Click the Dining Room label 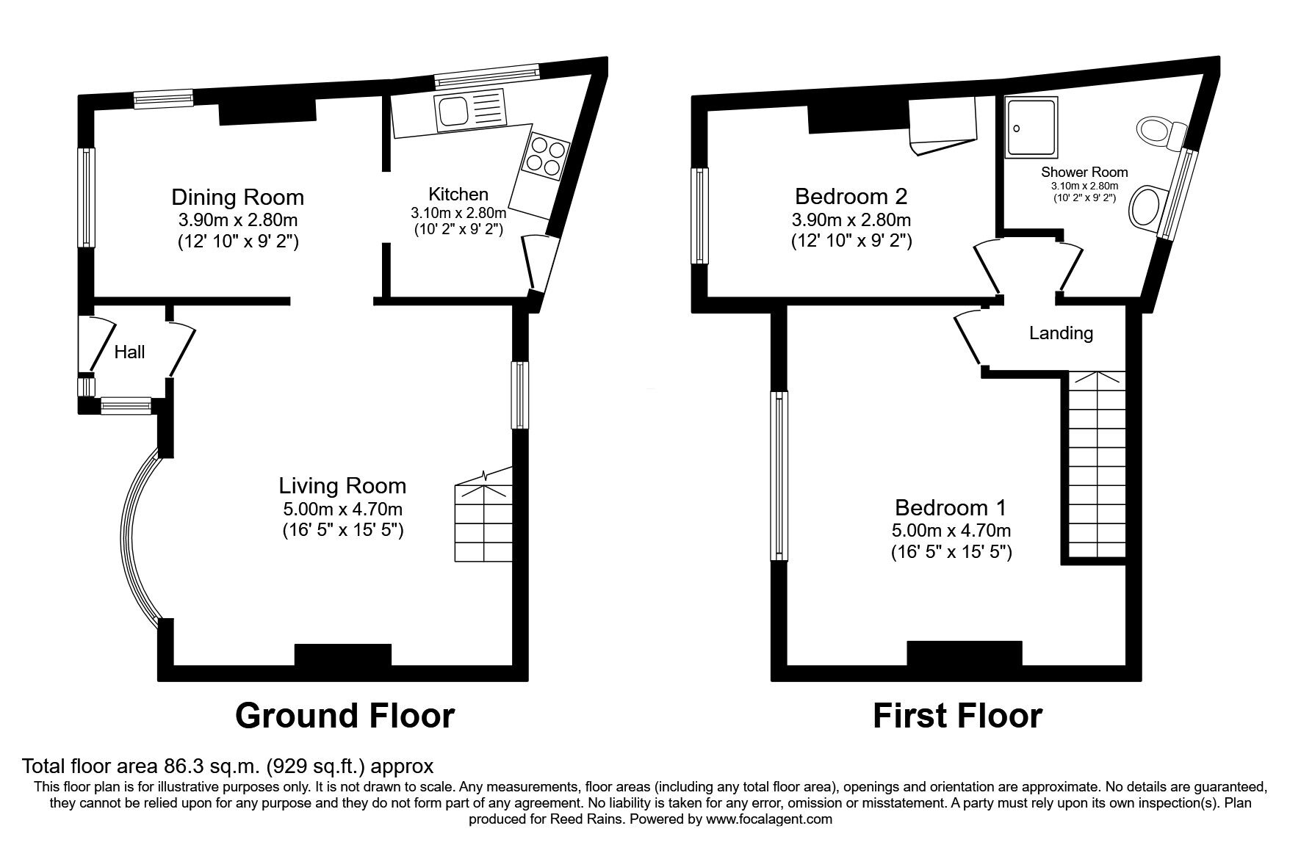[237, 197]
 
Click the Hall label [130, 352]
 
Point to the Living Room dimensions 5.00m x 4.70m [342, 509]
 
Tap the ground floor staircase [483, 515]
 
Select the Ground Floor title [345, 715]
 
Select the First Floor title [957, 715]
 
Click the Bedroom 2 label [851, 196]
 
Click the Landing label [1061, 333]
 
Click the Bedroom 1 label [951, 507]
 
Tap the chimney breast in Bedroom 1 [964, 653]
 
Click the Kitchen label [458, 194]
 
